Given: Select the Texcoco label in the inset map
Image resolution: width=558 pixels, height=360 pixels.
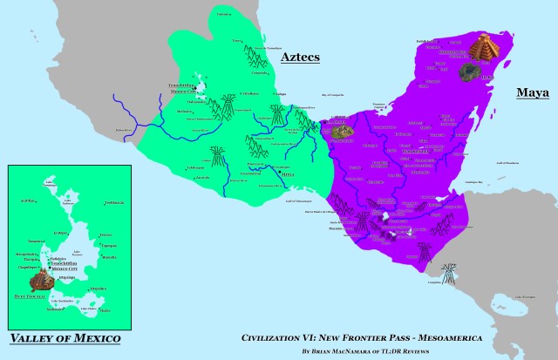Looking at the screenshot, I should [x=105, y=234].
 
